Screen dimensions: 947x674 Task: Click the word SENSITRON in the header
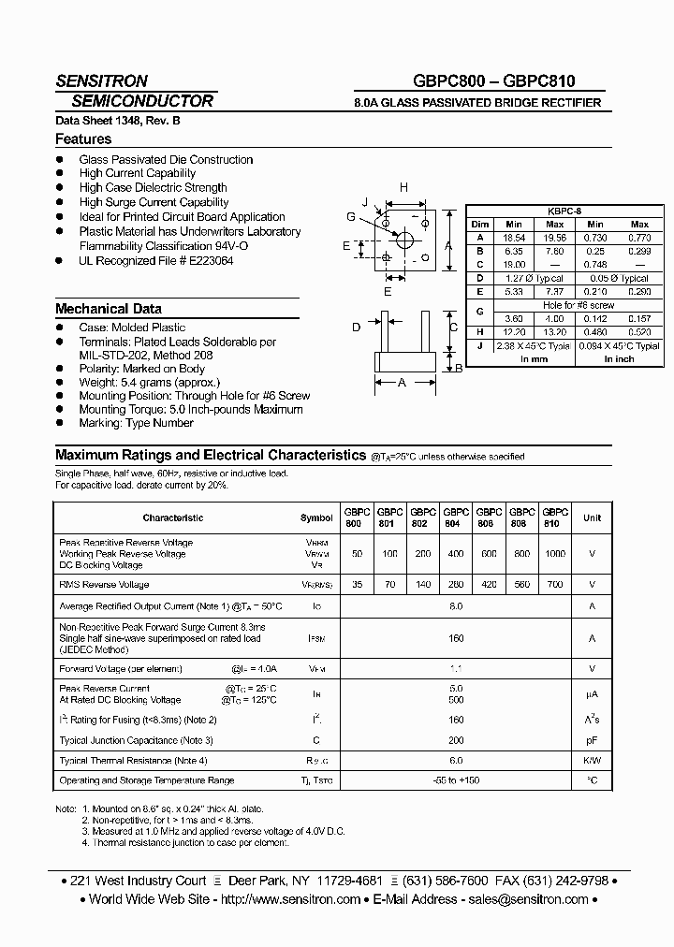coord(101,81)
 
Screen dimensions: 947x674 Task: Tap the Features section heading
coord(83,139)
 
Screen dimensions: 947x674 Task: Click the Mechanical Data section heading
coord(109,309)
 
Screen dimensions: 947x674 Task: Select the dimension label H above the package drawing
coord(403,188)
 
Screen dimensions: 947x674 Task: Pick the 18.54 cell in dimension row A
coord(514,238)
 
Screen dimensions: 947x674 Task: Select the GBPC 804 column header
coord(456,517)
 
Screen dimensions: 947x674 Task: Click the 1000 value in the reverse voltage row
coord(555,554)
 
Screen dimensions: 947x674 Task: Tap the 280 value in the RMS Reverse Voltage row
coord(456,585)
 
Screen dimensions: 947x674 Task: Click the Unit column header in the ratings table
coord(592,517)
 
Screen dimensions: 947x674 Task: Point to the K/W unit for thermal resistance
coord(592,761)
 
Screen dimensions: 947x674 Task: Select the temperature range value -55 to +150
coord(456,780)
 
